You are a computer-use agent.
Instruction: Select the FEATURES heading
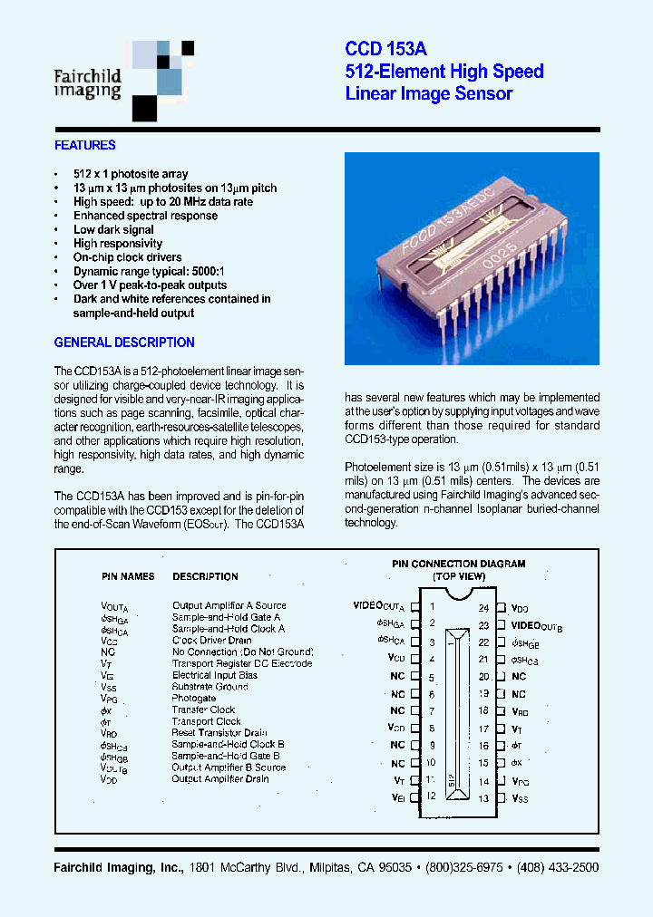coord(84,145)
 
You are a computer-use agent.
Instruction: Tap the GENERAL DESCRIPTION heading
coord(124,343)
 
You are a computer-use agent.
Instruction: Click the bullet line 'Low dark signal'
coord(114,229)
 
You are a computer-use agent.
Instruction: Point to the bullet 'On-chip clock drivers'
coord(128,257)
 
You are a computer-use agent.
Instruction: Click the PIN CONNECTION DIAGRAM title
coord(458,564)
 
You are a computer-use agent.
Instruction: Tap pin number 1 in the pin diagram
coord(433,606)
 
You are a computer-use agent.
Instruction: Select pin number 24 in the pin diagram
coord(484,608)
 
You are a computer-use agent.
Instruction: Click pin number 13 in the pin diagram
coord(484,798)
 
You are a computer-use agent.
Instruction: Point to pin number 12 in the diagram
coord(432,796)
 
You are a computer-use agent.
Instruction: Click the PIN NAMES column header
coord(127,576)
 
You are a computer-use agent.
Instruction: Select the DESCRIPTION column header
coord(205,576)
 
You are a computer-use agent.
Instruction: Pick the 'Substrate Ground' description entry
coord(210,687)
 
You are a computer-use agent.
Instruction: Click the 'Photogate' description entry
coord(194,699)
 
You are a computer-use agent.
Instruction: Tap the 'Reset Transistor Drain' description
coord(219,733)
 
